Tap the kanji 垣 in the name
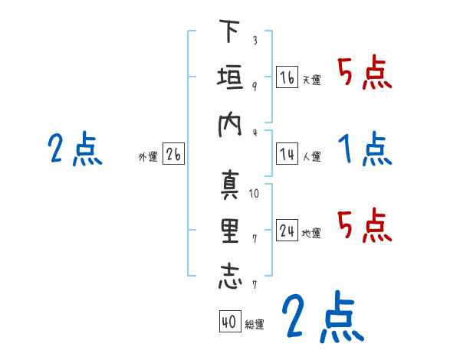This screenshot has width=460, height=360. pyautogui.click(x=229, y=78)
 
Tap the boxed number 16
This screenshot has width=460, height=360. pyautogui.click(x=287, y=77)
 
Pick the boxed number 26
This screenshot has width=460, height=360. pyautogui.click(x=173, y=155)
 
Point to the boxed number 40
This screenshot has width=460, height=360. pyautogui.click(x=228, y=322)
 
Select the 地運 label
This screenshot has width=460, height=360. pyautogui.click(x=311, y=233)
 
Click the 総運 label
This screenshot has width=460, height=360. pyautogui.click(x=255, y=325)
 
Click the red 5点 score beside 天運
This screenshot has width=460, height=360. pyautogui.click(x=365, y=74)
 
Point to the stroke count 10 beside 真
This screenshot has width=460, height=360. pyautogui.click(x=254, y=193)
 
